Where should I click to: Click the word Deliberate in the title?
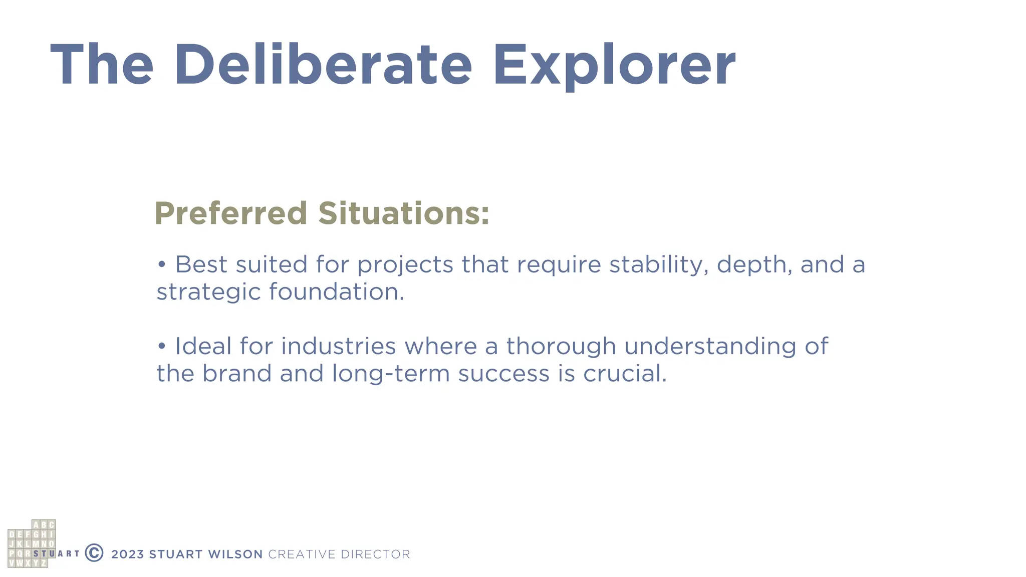click(323, 65)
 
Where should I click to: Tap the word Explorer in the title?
click(614, 65)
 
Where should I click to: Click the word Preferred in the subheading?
click(231, 213)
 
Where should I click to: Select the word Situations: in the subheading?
click(404, 213)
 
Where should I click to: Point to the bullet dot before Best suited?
click(161, 264)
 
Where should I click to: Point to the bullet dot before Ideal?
click(161, 346)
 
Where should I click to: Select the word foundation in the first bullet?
click(336, 292)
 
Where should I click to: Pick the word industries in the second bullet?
click(339, 346)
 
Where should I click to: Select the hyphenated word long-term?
click(391, 374)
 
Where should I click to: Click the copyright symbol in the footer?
click(94, 553)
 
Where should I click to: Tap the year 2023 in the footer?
click(127, 554)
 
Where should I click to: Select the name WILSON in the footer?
click(235, 554)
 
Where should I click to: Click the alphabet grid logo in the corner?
click(32, 544)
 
